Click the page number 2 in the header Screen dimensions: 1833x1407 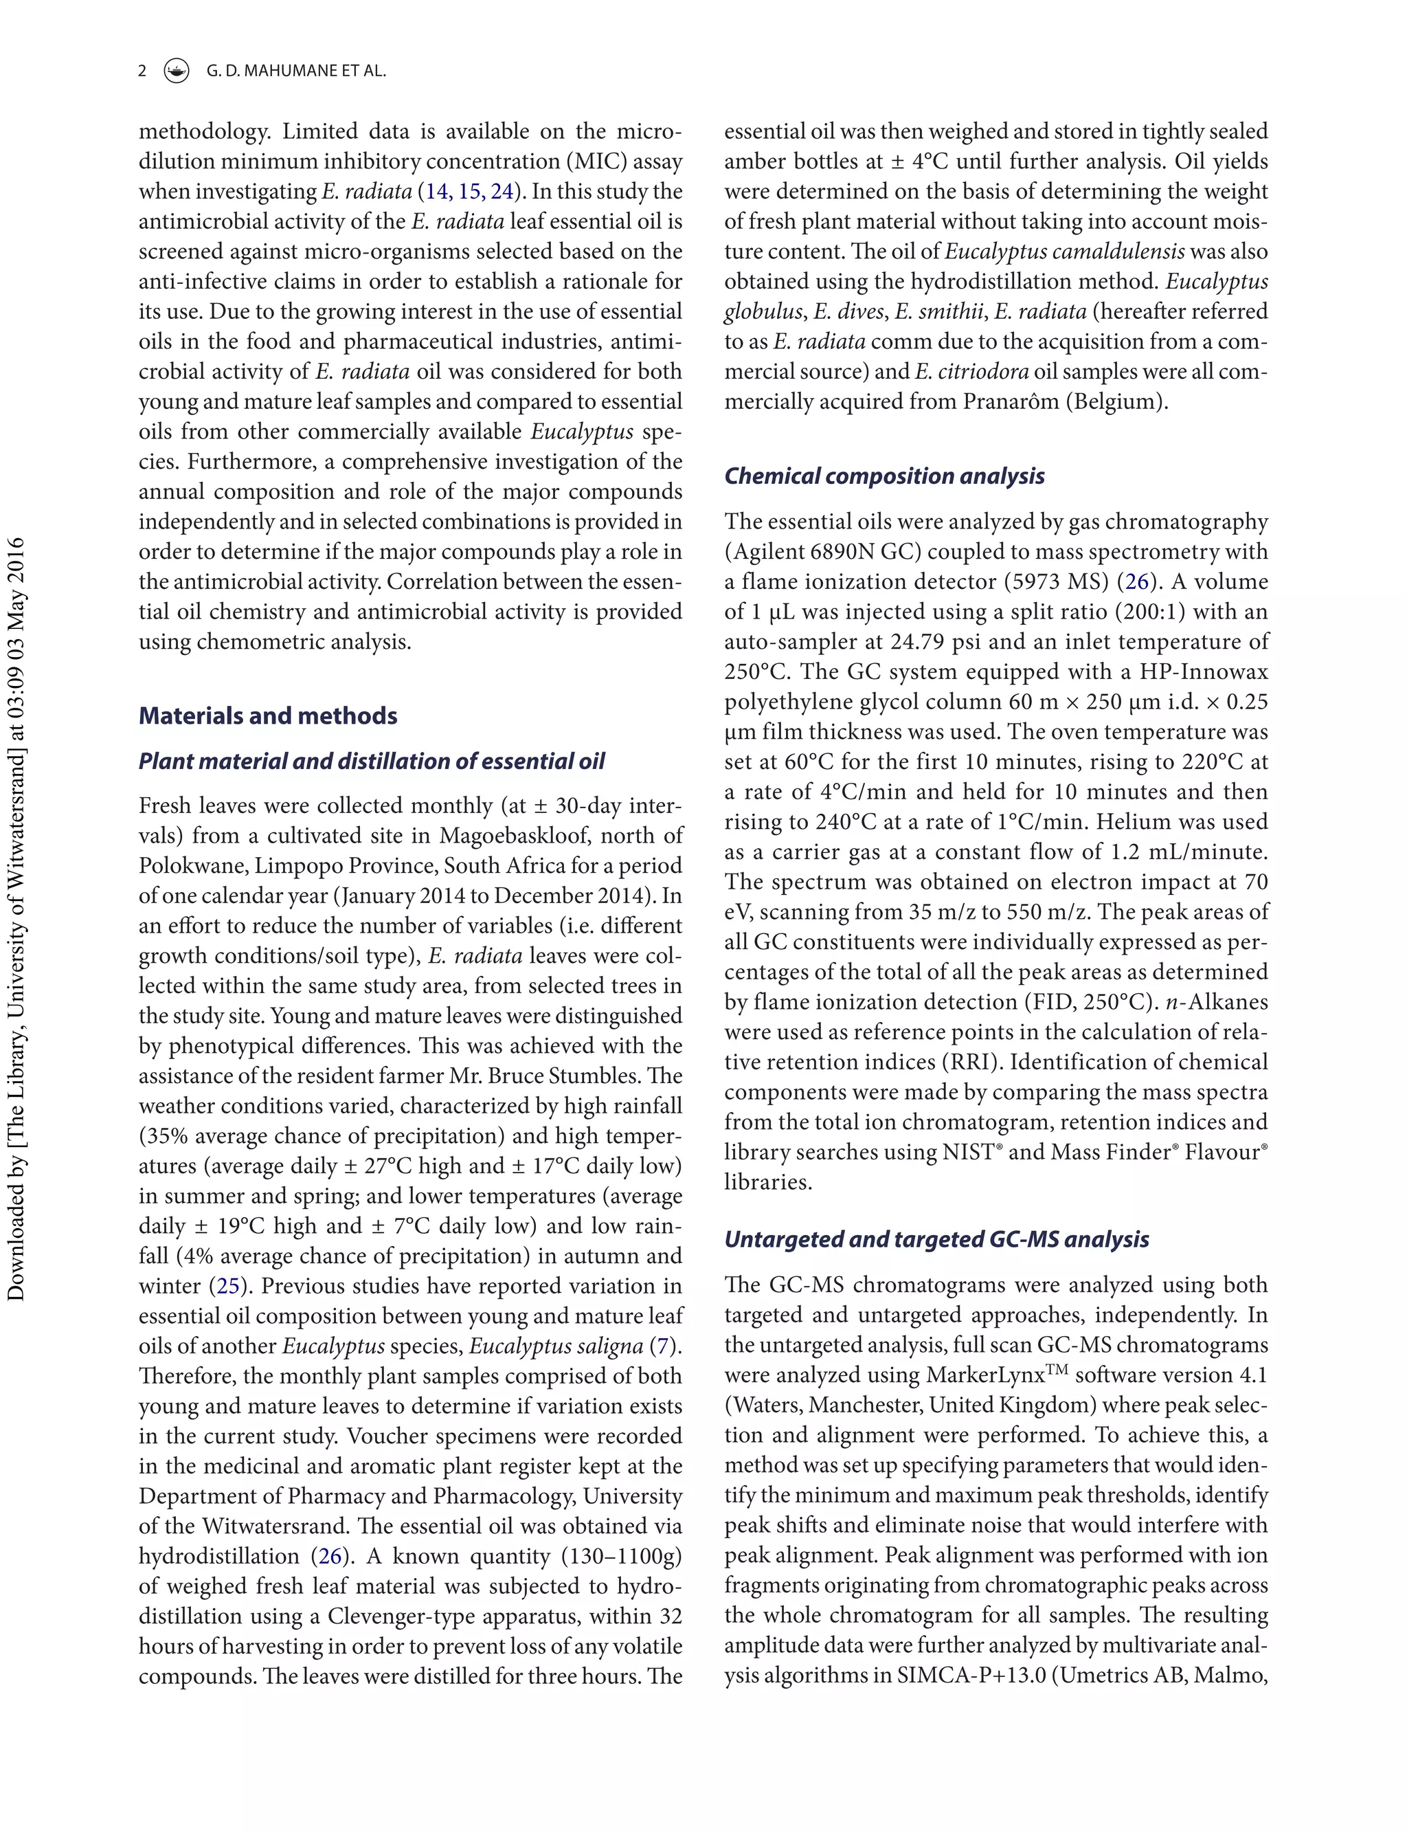point(142,71)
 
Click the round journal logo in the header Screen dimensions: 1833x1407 point(176,71)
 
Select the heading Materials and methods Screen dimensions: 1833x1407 point(267,715)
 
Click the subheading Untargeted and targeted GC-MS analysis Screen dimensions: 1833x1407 point(936,1239)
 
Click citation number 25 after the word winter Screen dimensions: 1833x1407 point(228,1286)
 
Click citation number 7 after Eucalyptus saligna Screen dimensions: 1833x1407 point(663,1346)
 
